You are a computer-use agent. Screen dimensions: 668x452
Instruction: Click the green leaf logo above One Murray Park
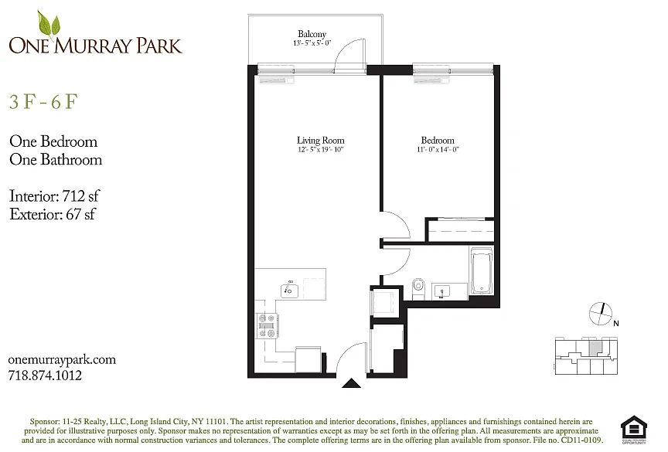tap(49, 24)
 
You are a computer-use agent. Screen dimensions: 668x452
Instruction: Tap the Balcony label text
tap(312, 34)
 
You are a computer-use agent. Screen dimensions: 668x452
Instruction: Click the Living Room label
tap(320, 140)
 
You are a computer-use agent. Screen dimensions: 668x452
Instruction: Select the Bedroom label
tap(438, 140)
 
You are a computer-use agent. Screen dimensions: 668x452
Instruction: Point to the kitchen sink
tap(289, 290)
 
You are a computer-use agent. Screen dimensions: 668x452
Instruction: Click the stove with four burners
tap(267, 325)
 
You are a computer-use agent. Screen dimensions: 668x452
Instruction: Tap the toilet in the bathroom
tap(418, 288)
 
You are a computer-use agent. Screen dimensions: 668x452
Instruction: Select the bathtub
tap(482, 270)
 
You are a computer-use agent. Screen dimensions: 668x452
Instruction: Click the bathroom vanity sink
tap(442, 291)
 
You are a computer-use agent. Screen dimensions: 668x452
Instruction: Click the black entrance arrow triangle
tap(351, 383)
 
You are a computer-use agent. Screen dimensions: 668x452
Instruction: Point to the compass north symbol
tap(601, 314)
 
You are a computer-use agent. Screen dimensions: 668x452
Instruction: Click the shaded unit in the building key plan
tap(595, 348)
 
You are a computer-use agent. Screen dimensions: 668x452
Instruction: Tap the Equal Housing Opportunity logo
tap(634, 430)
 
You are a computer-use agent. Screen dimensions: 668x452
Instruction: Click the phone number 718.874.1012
tap(45, 376)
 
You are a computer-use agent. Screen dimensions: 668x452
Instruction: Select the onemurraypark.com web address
tap(62, 360)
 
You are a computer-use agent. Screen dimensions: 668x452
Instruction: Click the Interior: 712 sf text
tap(54, 195)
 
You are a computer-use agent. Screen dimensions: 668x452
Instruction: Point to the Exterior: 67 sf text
tap(53, 214)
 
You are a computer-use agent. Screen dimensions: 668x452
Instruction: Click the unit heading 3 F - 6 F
tap(43, 102)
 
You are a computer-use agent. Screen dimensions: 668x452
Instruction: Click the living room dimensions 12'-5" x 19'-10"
tap(320, 149)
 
